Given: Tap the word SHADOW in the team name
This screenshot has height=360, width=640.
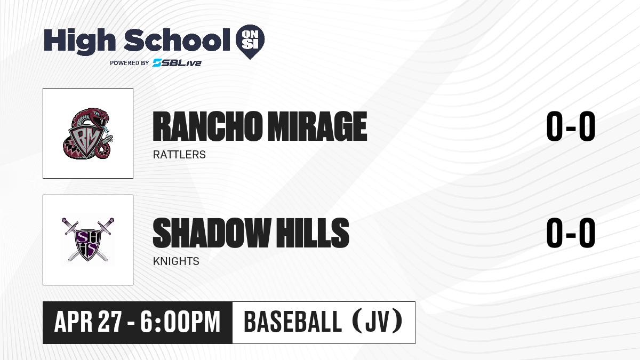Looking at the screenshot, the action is (x=212, y=233).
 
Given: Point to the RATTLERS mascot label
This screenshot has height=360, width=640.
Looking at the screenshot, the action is (x=179, y=155).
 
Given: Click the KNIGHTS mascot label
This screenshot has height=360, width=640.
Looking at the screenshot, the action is (x=176, y=261).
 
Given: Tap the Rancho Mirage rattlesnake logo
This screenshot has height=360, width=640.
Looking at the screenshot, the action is (x=88, y=133).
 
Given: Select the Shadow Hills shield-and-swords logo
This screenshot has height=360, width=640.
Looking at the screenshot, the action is (x=88, y=239).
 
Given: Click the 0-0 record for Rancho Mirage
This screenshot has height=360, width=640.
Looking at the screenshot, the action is (x=571, y=126).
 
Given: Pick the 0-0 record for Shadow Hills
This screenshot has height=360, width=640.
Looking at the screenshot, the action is (x=571, y=233).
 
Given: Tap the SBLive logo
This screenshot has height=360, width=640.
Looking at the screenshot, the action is (x=177, y=63).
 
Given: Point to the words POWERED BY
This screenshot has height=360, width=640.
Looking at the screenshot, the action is (x=130, y=63).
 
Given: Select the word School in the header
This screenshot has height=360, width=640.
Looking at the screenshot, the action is (x=177, y=40).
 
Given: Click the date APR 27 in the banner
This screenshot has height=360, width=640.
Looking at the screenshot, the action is (x=88, y=322).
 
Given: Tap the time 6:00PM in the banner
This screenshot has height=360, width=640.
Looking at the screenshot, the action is (x=180, y=322).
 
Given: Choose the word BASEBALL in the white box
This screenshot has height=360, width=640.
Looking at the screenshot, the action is (x=293, y=322).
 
